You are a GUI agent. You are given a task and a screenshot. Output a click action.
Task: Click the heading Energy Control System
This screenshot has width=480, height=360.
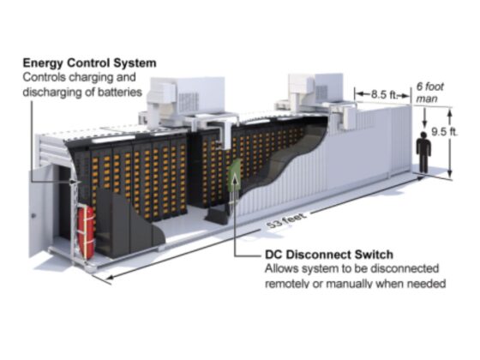point(90,63)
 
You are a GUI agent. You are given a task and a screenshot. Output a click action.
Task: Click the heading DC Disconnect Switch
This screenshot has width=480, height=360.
point(329,255)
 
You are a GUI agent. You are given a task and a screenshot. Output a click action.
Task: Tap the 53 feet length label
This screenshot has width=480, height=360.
point(286,221)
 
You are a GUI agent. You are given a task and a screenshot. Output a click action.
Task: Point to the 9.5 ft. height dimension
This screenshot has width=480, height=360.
point(445,132)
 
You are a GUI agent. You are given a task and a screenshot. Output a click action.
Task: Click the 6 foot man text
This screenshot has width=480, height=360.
point(429,93)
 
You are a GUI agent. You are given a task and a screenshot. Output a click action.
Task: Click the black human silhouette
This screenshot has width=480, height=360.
point(423,152)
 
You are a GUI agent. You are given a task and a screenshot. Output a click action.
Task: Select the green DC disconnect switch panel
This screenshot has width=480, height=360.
point(235,176)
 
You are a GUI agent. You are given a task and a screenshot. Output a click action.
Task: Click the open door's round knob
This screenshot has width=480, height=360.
point(33,216)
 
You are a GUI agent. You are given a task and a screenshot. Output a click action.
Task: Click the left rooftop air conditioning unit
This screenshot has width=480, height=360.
point(186,102)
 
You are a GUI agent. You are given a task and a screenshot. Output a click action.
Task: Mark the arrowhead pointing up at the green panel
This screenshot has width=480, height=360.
point(235,177)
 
